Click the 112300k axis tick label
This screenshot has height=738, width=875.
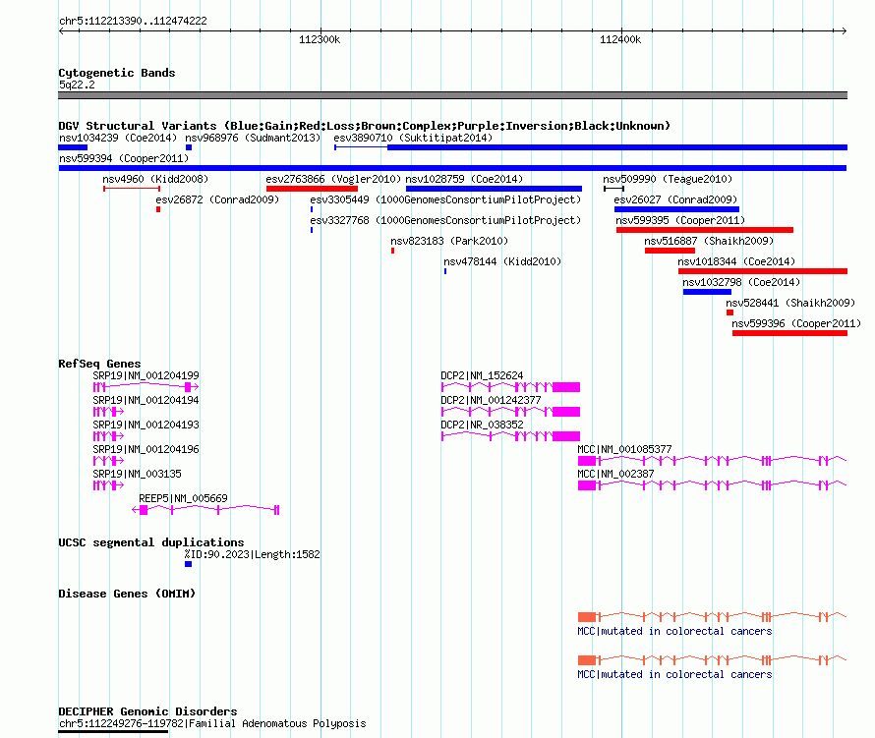(x=320, y=39)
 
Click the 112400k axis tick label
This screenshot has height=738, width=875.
(x=620, y=39)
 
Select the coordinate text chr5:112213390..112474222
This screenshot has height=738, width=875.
(x=133, y=21)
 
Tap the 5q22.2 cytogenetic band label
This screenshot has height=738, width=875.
(x=77, y=85)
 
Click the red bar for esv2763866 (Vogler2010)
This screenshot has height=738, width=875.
(x=312, y=189)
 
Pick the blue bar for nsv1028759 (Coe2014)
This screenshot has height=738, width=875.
(x=494, y=189)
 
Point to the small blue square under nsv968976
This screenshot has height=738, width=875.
(x=189, y=147)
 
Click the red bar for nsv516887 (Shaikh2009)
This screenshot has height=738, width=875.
(x=670, y=251)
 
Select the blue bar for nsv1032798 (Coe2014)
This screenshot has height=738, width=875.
(x=707, y=292)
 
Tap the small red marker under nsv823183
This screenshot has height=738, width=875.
(x=393, y=251)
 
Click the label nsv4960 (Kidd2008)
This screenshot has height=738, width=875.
(x=155, y=179)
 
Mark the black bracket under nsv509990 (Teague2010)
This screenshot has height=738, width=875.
(x=613, y=189)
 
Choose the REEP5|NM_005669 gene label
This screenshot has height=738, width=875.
(x=183, y=498)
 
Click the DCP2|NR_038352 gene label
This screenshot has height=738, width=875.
(x=482, y=425)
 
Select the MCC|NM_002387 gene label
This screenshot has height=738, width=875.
(x=615, y=474)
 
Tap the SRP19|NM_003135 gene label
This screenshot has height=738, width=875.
(x=137, y=474)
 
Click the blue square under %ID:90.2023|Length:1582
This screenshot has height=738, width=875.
(x=188, y=564)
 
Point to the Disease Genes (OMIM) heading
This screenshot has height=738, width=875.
(x=127, y=594)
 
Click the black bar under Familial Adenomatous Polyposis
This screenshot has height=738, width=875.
(x=113, y=731)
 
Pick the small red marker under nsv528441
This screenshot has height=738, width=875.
(x=729, y=312)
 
